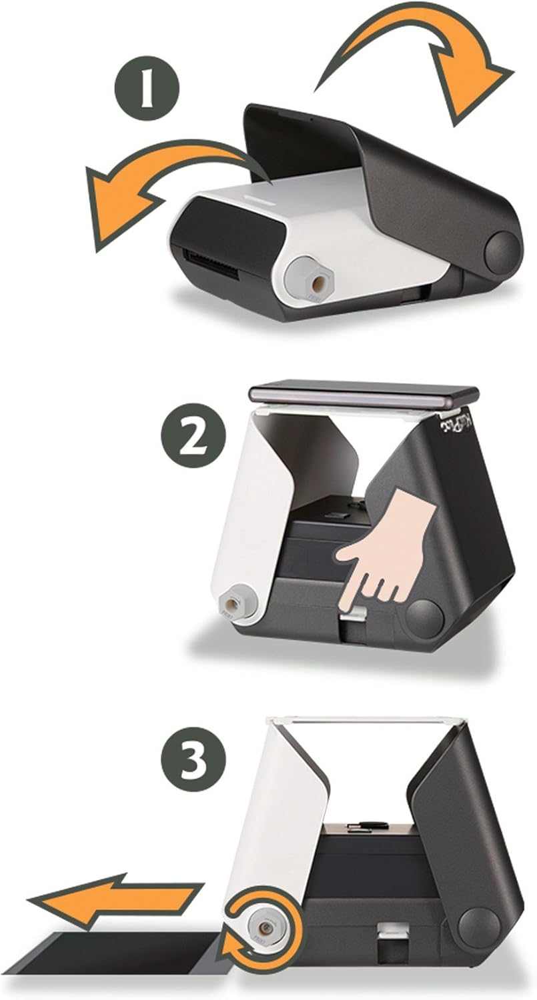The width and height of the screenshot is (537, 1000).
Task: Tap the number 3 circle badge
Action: coord(193,758)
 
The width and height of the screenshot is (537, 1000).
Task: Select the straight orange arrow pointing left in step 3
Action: coord(113,898)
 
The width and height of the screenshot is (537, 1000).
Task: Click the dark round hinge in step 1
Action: coord(502,251)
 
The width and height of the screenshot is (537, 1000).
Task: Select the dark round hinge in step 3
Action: coord(479,927)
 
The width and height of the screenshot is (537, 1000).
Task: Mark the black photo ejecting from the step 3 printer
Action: coord(117,954)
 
